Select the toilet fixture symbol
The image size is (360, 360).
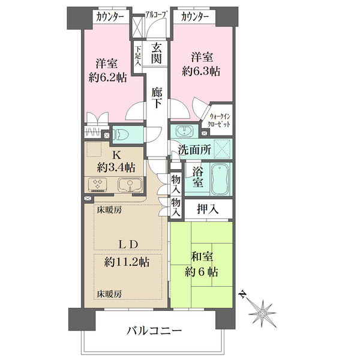(121, 135)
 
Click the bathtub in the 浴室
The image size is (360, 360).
(220, 179)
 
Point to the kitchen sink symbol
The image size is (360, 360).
(130, 185)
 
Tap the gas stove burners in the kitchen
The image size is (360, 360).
(98, 184)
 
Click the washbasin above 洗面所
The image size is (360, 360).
(184, 131)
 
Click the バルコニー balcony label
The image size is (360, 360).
(154, 331)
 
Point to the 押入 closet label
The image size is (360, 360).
(208, 209)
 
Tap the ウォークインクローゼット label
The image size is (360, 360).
(218, 121)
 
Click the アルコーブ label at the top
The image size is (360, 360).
(155, 14)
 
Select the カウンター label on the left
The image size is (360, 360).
(110, 17)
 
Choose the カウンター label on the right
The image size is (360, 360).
(195, 17)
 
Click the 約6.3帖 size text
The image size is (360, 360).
(201, 71)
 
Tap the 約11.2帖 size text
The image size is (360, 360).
(127, 262)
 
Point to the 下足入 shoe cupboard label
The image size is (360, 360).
(138, 56)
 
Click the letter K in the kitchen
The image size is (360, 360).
(116, 155)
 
